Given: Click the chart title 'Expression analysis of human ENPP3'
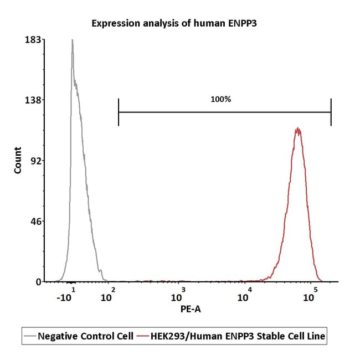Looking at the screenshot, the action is click(x=174, y=23).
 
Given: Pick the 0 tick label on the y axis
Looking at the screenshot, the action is click(x=38, y=282).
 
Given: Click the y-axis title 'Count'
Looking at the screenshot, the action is click(x=18, y=160).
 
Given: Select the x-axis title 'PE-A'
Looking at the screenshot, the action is click(x=191, y=309).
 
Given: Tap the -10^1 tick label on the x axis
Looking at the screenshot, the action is click(x=66, y=295).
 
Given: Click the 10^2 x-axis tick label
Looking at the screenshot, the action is click(x=107, y=295).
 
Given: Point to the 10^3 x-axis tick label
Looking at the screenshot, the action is click(x=178, y=295).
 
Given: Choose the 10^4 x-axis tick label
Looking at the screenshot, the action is click(x=244, y=295).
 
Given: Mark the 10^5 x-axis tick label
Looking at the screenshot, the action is click(x=310, y=295).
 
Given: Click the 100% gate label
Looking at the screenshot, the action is click(x=220, y=99).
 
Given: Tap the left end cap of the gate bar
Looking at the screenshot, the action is click(x=119, y=112).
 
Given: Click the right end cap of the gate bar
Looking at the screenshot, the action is click(x=331, y=112).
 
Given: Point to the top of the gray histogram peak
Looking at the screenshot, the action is click(x=73, y=39).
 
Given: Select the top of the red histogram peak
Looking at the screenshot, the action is click(x=298, y=127).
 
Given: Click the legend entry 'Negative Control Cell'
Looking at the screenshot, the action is click(x=79, y=336).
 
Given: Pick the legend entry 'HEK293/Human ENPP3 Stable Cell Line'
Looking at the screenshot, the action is click(x=231, y=336).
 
